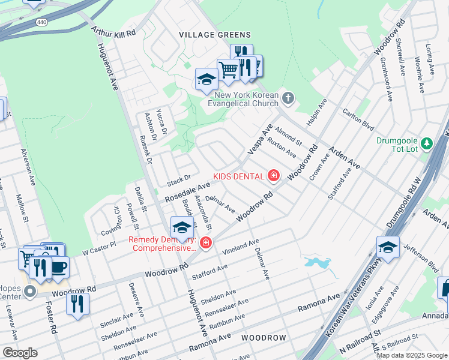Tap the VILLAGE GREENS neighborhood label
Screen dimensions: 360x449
(x=215, y=35)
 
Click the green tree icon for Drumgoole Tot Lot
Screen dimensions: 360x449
(x=426, y=143)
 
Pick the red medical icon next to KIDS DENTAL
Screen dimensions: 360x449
(x=274, y=176)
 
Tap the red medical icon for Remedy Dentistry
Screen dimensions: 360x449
(x=205, y=242)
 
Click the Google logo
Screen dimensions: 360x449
(x=20, y=352)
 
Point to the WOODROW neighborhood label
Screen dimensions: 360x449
(x=264, y=338)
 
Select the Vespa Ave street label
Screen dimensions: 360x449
(x=264, y=138)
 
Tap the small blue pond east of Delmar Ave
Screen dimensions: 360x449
(x=316, y=262)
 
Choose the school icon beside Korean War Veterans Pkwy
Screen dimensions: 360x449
(x=388, y=247)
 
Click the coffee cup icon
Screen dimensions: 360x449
(x=58, y=267)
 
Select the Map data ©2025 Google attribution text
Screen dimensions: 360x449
(x=412, y=355)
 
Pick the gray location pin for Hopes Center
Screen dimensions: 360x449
(x=29, y=292)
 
